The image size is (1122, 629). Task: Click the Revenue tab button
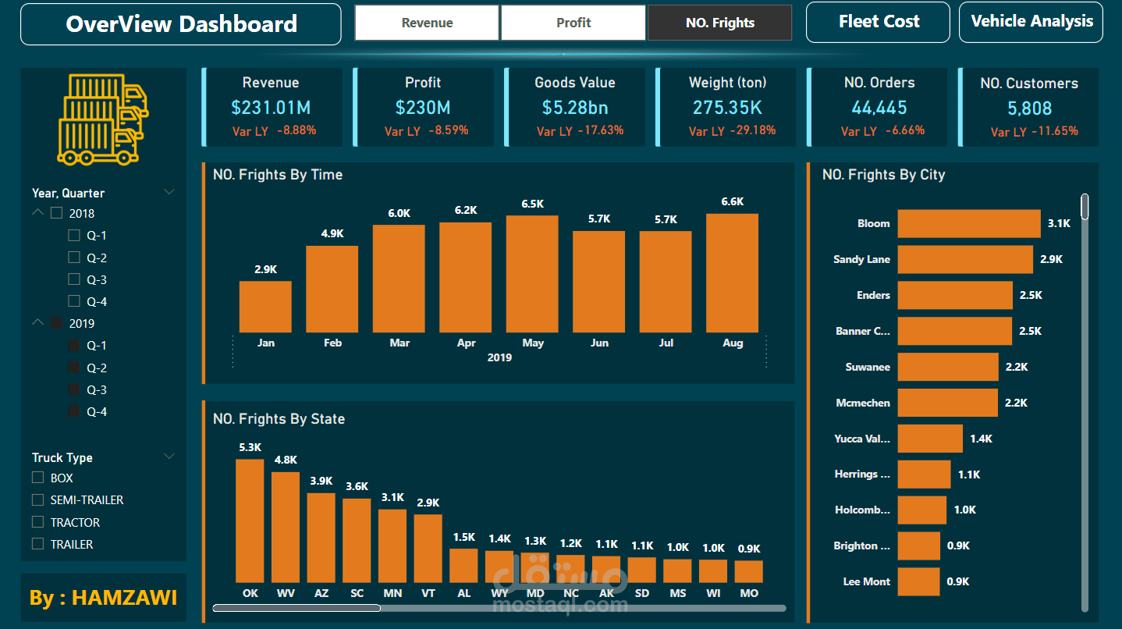point(427,23)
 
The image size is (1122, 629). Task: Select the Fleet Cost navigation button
point(878,22)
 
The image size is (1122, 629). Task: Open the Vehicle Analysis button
point(1031,22)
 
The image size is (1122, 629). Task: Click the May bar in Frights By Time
point(532,274)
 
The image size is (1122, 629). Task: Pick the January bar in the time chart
point(265,307)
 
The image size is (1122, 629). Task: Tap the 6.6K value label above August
point(733,201)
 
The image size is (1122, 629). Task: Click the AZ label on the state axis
point(321,593)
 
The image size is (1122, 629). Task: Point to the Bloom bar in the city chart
point(969,223)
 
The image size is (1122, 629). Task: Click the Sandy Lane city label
point(861,259)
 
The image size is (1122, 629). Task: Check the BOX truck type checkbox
point(37,478)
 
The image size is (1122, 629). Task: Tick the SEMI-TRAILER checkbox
point(37,499)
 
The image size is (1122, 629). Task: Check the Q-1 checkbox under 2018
point(74,235)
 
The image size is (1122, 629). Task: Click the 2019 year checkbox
point(56,323)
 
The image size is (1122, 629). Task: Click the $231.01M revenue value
point(271,108)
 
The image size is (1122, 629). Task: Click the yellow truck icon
point(103,119)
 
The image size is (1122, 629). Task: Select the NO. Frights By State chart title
point(279,419)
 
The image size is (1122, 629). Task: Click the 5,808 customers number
point(1029,108)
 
